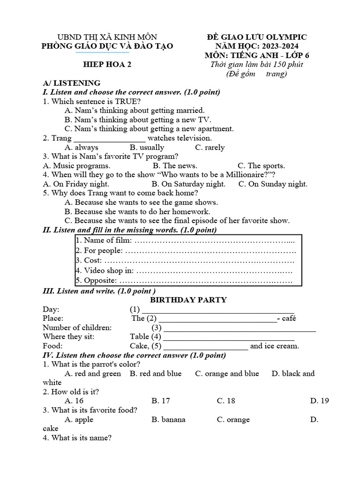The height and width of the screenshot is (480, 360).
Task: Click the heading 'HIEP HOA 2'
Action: coord(107,65)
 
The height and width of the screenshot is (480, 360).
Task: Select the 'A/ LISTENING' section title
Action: coord(71,83)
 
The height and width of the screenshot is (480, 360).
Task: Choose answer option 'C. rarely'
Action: coord(210,147)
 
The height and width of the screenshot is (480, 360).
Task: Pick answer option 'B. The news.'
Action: coord(175,165)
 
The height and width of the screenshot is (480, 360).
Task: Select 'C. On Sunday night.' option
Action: coord(273,184)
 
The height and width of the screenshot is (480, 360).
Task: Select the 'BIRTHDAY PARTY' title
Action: coord(188,300)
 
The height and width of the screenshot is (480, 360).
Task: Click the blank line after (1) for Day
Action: coord(218,309)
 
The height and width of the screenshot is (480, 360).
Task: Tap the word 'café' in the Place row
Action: coord(289,318)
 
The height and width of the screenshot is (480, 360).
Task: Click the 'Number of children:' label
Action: coord(77,327)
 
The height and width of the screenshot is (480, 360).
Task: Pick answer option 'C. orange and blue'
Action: coord(227,374)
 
